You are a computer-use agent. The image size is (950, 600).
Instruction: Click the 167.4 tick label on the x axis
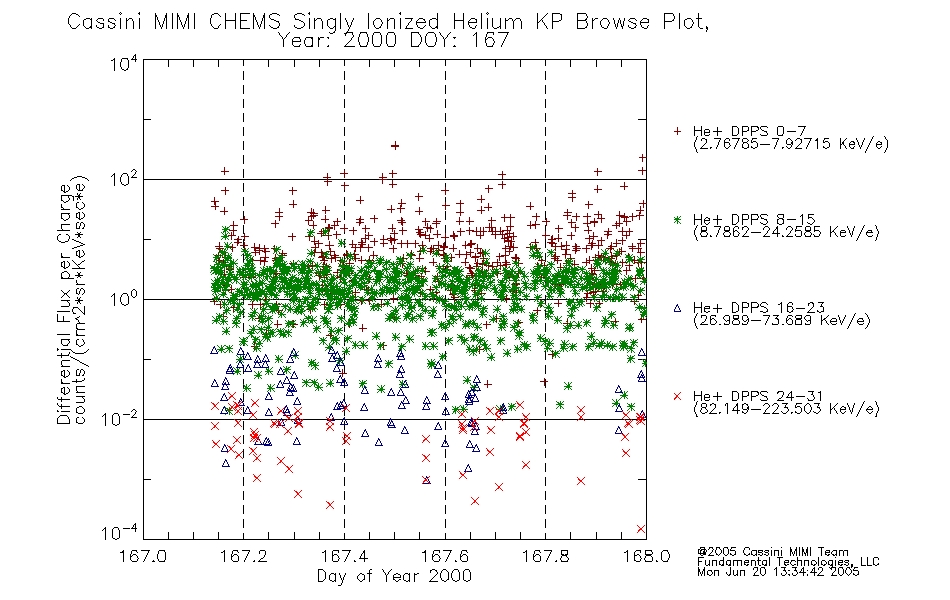(x=344, y=556)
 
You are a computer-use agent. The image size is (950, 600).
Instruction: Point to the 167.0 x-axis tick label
(x=143, y=556)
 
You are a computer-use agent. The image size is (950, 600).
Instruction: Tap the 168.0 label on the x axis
(x=646, y=556)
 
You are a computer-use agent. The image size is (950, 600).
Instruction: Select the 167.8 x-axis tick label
(x=545, y=556)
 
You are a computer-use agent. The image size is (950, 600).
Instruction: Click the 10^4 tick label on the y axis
(x=124, y=63)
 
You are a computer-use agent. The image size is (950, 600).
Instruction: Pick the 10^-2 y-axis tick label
(x=120, y=418)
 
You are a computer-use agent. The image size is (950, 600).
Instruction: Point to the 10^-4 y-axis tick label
(x=120, y=532)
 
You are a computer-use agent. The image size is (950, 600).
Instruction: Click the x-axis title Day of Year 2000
(x=394, y=576)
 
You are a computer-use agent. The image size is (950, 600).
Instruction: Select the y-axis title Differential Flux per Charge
(x=64, y=304)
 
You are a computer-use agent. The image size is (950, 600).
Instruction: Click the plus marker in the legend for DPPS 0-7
(x=677, y=131)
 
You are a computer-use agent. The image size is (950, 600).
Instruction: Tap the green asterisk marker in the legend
(x=677, y=219)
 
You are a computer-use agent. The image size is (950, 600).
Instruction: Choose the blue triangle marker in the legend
(x=677, y=308)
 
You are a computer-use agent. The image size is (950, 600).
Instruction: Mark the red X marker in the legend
(x=677, y=396)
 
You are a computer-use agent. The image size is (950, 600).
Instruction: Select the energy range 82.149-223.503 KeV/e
(x=786, y=409)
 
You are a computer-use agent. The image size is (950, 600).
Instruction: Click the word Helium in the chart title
(x=487, y=22)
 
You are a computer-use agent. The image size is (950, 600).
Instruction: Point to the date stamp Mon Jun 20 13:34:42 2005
(x=778, y=572)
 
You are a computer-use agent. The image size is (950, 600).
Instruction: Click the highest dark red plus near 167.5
(x=394, y=145)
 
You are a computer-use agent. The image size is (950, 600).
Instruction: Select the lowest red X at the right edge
(x=641, y=529)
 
